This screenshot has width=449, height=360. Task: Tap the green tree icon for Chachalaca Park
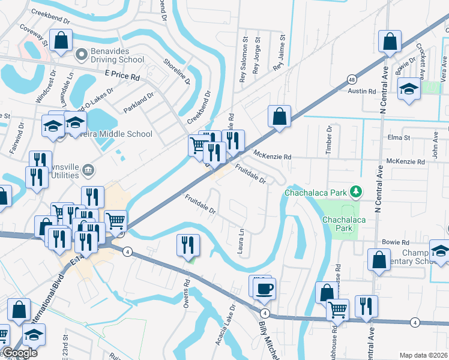pos(357,192)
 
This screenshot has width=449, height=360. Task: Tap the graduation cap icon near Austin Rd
pos(409,88)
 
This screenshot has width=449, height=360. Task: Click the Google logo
pos(19,353)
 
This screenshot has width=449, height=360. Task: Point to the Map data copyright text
pos(423,355)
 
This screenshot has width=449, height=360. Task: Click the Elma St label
pos(399,137)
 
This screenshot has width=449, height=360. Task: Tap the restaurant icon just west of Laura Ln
pos(188,245)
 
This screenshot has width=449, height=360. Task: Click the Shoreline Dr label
pos(176,73)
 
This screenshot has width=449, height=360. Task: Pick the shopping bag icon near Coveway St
pos(61,41)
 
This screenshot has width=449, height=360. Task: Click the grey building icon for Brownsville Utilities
pos(88,171)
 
